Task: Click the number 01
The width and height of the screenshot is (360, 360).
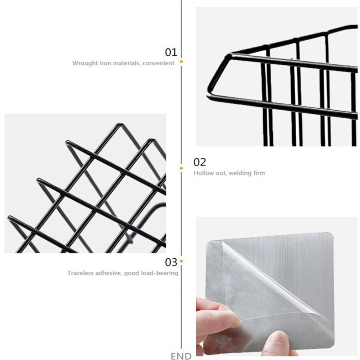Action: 171,52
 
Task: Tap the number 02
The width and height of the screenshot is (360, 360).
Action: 200,162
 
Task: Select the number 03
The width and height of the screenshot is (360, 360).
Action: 171,262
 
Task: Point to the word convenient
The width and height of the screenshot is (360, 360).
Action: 158,63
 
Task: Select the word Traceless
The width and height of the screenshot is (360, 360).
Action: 81,273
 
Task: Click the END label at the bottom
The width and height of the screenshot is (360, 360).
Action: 181,356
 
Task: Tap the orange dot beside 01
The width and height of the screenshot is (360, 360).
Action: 181,62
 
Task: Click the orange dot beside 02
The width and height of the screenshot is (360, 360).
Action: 181,168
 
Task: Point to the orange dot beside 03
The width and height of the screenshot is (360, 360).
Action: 181,261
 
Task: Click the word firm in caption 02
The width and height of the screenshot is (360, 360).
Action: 260,173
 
